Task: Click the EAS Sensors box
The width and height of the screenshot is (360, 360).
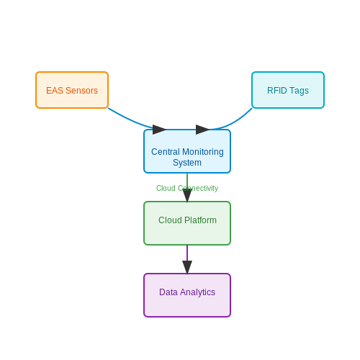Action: pos(72,90)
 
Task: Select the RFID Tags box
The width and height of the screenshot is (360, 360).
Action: pos(288,90)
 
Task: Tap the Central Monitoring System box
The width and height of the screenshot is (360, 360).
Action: pos(187,151)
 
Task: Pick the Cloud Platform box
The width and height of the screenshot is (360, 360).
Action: pos(187,223)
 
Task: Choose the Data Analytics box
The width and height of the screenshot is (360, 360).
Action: pos(187,295)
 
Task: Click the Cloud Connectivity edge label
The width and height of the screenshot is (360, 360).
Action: pos(187,188)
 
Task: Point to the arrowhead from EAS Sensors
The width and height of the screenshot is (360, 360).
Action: pos(159,130)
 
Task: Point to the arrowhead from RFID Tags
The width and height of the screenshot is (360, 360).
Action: pos(202,130)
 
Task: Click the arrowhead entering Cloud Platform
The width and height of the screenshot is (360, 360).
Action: pos(187,195)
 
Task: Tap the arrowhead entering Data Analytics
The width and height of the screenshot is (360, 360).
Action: pos(187,267)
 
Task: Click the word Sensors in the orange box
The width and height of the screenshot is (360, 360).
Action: pos(82,91)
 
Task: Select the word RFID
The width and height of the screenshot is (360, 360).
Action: pos(277,91)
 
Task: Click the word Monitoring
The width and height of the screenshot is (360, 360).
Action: pos(203,152)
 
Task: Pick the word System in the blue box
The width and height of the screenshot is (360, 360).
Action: pos(187,163)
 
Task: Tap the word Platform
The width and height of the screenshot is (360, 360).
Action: pos(200,220)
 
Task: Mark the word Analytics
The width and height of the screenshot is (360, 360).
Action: pos(197,292)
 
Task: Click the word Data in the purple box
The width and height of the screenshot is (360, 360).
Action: pos(168,292)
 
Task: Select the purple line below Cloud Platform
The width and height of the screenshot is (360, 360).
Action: pos(187,253)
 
